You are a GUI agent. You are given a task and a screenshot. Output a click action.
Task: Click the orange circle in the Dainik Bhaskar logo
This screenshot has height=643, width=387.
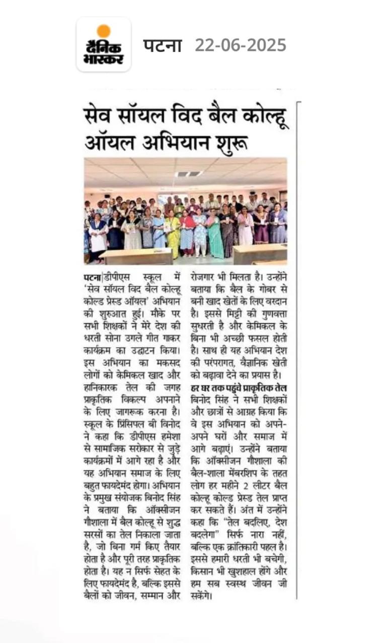click(104, 31)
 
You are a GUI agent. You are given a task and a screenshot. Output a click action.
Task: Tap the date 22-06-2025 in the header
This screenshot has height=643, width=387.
click(241, 45)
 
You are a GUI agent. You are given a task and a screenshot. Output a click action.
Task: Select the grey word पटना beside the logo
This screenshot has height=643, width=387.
click(162, 45)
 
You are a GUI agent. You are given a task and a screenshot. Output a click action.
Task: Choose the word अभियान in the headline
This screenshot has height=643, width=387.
click(179, 143)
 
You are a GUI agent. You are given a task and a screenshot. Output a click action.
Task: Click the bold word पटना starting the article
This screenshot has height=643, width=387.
click(91, 277)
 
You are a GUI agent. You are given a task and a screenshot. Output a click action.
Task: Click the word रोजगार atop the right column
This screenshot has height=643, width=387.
click(207, 277)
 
